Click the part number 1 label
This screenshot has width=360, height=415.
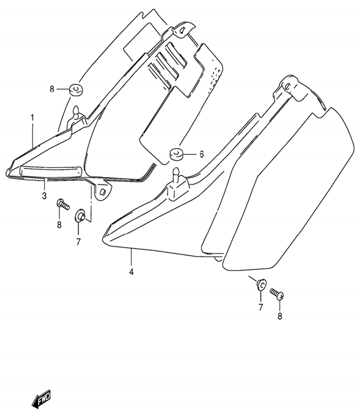(32, 118)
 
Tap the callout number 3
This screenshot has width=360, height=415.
(44, 196)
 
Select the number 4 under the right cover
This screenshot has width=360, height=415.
(131, 272)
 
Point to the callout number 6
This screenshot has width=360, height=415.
(202, 154)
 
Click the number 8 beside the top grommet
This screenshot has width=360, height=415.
(52, 89)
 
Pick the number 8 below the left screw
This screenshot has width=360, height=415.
(59, 225)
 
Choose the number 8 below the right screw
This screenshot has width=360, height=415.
(280, 316)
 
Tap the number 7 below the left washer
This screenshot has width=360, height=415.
(79, 241)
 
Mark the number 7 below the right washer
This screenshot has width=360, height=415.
(261, 307)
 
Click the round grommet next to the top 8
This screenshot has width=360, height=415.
(76, 90)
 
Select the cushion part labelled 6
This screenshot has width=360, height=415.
(175, 154)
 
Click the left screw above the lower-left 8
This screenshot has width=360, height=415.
(63, 205)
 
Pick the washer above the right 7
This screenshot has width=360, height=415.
(261, 284)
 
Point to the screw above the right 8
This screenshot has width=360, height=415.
(277, 294)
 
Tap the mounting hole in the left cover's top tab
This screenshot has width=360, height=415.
(182, 31)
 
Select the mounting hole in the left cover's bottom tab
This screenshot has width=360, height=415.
(103, 191)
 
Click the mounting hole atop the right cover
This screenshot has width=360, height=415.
(288, 86)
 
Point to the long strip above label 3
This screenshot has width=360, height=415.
(50, 172)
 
